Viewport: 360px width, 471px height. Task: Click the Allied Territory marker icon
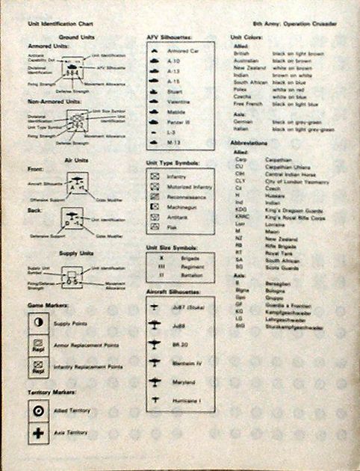coord(37,411)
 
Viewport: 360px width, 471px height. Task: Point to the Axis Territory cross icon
coord(37,432)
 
